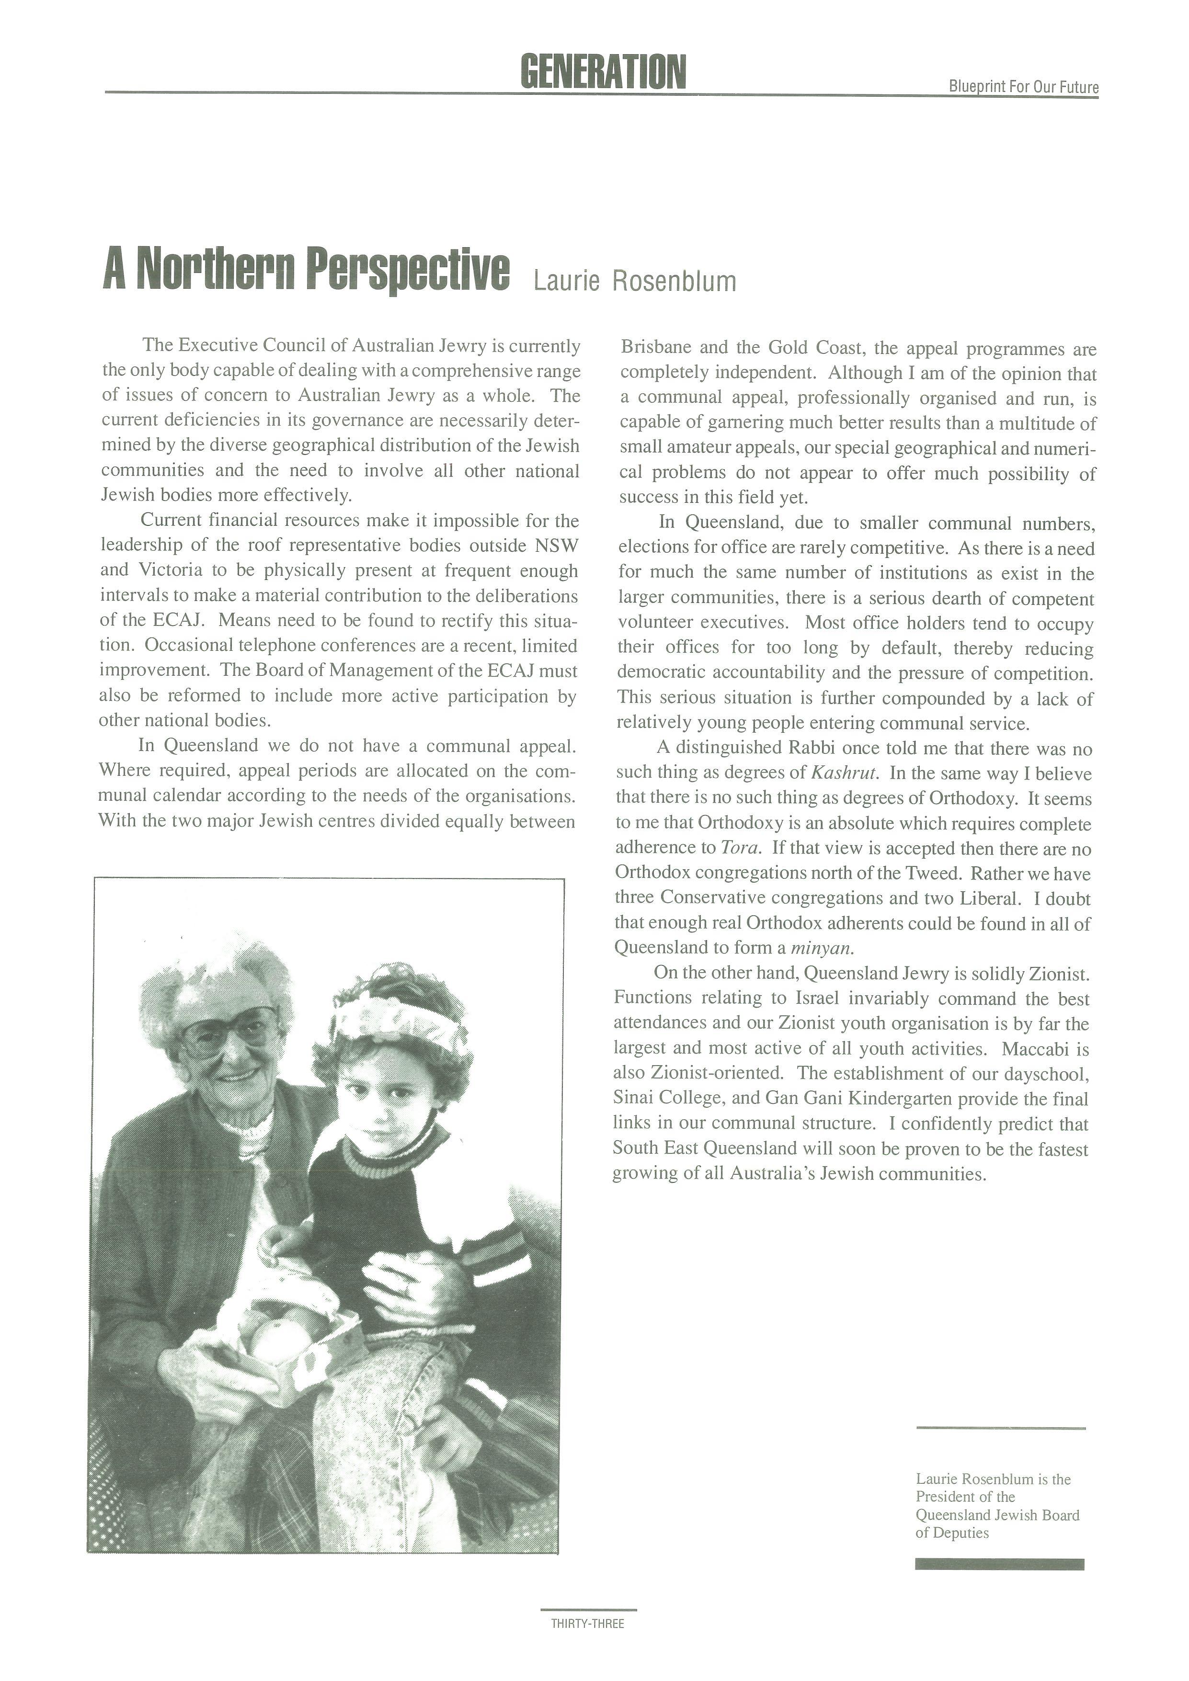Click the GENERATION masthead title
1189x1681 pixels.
point(603,72)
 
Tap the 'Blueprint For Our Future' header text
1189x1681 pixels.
point(1024,87)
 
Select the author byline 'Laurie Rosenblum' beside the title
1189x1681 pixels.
point(635,281)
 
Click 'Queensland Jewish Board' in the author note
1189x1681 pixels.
point(997,1515)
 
